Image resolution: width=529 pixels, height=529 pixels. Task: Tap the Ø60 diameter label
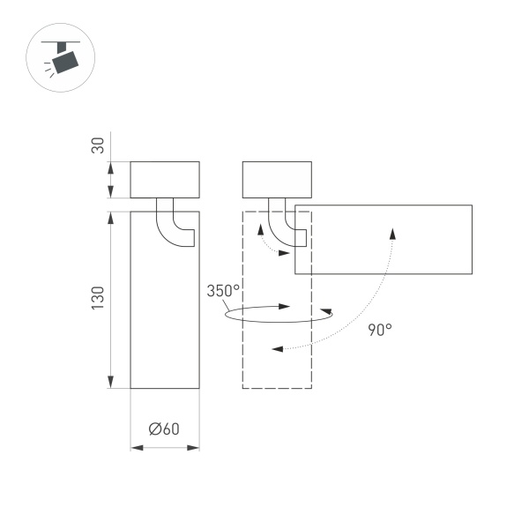click(165, 429)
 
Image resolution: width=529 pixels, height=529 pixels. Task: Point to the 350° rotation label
click(224, 291)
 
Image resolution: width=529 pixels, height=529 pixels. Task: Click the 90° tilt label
click(380, 330)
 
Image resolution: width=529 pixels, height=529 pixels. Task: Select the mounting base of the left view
click(165, 180)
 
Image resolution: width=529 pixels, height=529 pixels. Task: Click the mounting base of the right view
click(277, 180)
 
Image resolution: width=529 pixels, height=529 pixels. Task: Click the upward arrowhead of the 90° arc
click(392, 232)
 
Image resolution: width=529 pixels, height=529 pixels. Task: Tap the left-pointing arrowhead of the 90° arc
click(277, 349)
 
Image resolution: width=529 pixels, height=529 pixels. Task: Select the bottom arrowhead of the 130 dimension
click(110, 381)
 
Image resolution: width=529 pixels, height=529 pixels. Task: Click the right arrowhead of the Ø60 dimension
click(194, 449)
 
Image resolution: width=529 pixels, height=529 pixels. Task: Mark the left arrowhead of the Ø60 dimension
click(136, 449)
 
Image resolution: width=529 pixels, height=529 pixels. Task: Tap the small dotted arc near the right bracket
click(270, 247)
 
